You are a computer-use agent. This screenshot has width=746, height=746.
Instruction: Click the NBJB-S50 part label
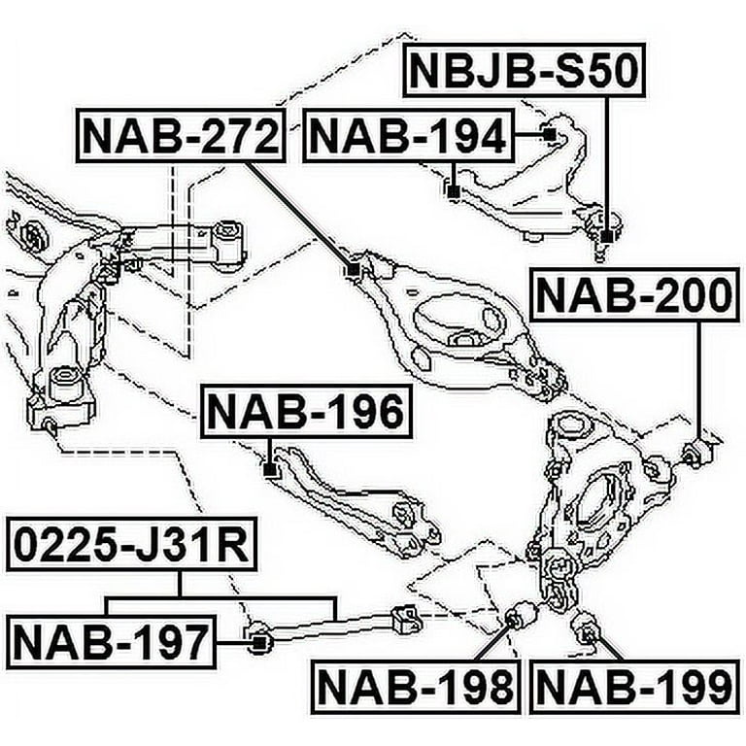click(x=524, y=70)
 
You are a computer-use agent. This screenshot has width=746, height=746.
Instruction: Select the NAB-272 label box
click(x=181, y=136)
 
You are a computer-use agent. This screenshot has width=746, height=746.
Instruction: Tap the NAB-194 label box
click(x=409, y=136)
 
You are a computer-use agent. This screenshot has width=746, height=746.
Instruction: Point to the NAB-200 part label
click(x=635, y=294)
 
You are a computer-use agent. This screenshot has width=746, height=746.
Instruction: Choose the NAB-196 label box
click(x=306, y=411)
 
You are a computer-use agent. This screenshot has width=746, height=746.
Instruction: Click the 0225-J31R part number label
click(x=132, y=545)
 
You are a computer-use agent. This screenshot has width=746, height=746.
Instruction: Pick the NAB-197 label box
click(x=111, y=641)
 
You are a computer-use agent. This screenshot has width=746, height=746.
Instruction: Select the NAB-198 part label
click(x=416, y=687)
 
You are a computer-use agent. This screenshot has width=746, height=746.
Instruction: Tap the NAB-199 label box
click(x=635, y=687)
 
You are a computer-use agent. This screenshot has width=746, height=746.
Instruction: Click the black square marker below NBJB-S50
click(x=606, y=236)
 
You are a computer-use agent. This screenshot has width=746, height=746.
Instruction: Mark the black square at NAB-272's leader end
click(x=353, y=270)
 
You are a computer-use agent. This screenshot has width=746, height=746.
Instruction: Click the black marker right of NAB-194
click(x=549, y=135)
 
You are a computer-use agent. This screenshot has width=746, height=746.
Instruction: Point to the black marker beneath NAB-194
click(x=453, y=191)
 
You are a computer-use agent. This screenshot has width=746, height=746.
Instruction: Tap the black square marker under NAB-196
click(x=270, y=470)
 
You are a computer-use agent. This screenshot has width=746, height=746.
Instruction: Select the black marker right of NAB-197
click(x=258, y=643)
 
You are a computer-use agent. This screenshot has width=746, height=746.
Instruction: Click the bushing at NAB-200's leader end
click(x=696, y=452)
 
